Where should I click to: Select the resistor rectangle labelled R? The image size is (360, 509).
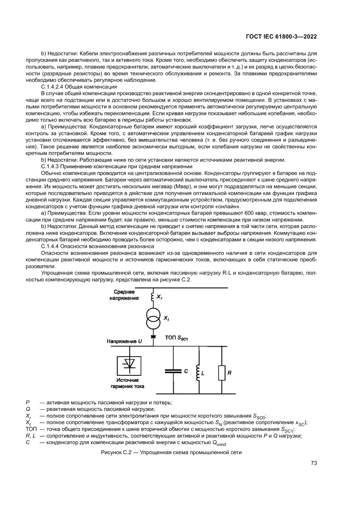click(222, 373)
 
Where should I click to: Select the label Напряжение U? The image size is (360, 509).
click(124, 342)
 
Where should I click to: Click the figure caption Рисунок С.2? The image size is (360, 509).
click(171, 452)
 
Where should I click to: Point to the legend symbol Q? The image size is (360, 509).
click(28, 409)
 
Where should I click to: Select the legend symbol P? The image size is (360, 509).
click(28, 402)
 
